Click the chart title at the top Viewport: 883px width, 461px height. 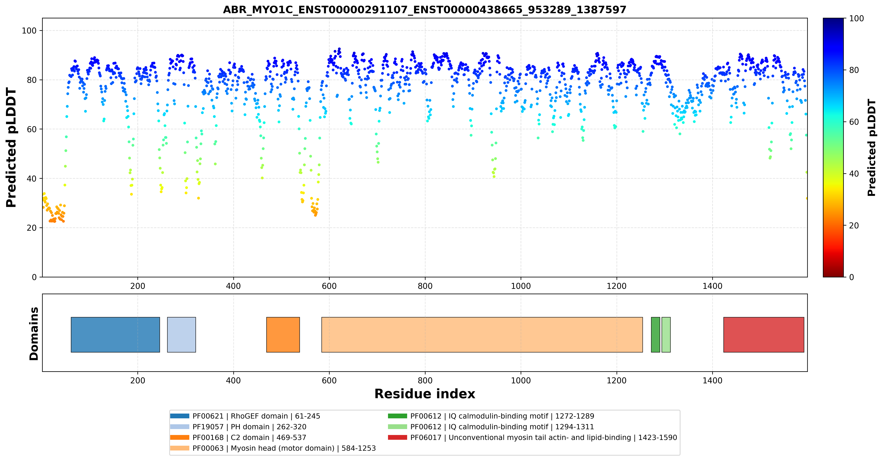coord(424,10)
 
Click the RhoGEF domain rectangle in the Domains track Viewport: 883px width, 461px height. coord(115,335)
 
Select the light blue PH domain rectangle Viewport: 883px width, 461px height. coord(181,335)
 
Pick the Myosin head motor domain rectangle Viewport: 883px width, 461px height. coord(482,335)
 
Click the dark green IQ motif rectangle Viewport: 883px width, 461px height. coord(655,335)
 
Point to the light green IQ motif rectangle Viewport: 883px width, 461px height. coord(666,335)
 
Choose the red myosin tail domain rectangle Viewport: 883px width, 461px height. coord(764,335)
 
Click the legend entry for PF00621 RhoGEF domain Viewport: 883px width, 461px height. coord(245,416)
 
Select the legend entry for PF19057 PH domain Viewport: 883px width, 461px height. coord(238,427)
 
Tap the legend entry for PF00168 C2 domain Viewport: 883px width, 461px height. coord(238,437)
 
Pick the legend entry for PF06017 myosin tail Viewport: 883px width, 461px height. coord(532,437)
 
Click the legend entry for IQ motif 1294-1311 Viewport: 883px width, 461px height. coord(491,427)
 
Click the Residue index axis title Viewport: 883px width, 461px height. coord(425,394)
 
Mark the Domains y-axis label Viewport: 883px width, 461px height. coord(34,334)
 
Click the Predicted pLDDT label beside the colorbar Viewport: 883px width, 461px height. coord(872,148)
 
